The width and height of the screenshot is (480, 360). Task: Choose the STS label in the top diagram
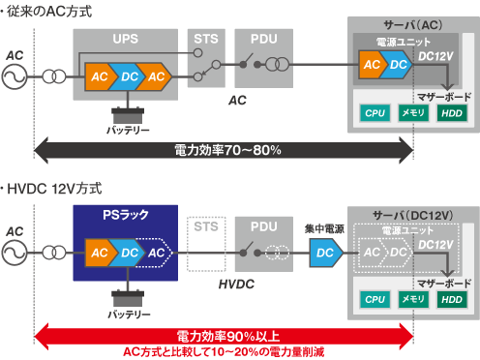(205, 39)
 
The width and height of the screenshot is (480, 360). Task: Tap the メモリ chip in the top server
(413, 114)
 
